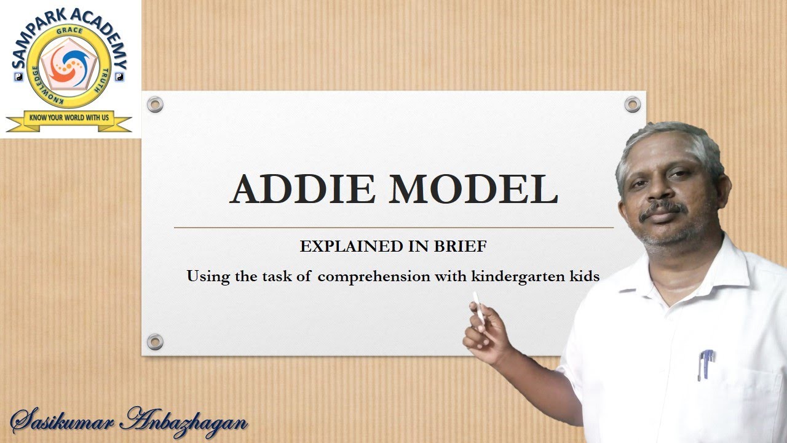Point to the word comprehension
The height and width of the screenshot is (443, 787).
pyautogui.click(x=374, y=277)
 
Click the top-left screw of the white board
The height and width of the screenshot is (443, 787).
pyautogui.click(x=155, y=105)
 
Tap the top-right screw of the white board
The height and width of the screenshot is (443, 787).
pyautogui.click(x=632, y=105)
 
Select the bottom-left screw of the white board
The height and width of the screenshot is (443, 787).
pyautogui.click(x=155, y=341)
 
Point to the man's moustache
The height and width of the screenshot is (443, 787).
pyautogui.click(x=663, y=210)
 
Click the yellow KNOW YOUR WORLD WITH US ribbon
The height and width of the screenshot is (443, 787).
pyautogui.click(x=69, y=118)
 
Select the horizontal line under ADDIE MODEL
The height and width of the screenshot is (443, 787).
pyautogui.click(x=393, y=228)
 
